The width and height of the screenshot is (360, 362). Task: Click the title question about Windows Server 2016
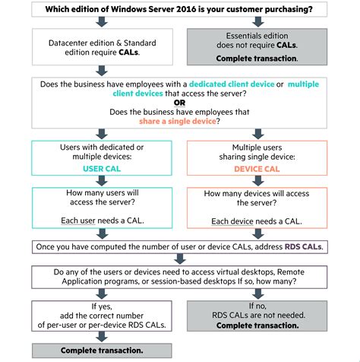180,10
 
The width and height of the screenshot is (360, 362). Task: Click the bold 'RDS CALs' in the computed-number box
305,246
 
